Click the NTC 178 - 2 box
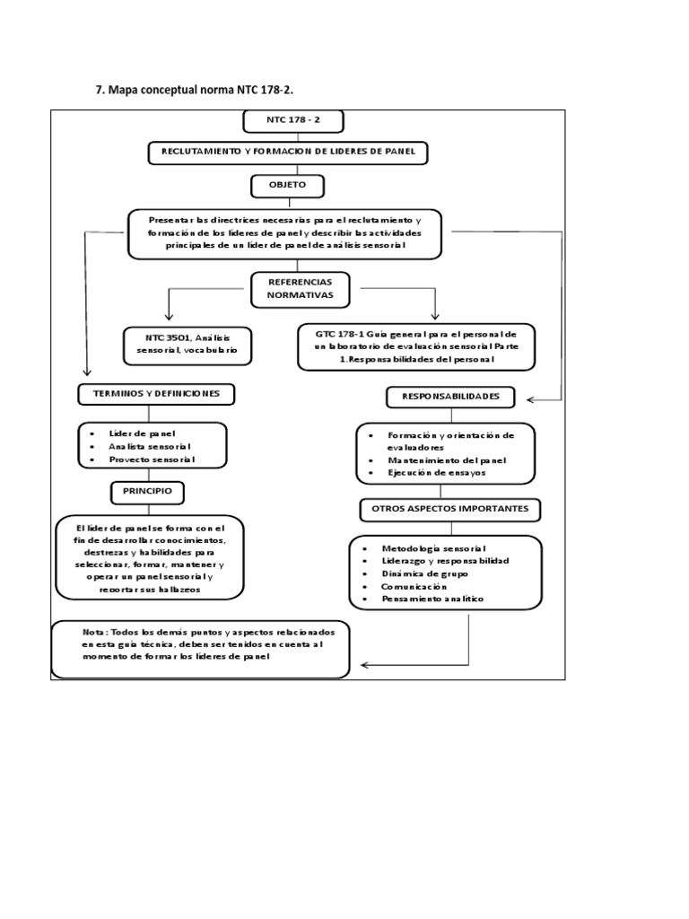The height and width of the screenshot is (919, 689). (x=292, y=121)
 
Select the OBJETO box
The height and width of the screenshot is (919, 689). (x=287, y=185)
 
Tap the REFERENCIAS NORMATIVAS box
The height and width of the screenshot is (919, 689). (x=292, y=288)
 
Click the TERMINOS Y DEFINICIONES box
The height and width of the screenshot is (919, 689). (x=156, y=394)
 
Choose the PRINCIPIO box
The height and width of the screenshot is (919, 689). (x=147, y=492)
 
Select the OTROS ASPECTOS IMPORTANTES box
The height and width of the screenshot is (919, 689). (x=450, y=509)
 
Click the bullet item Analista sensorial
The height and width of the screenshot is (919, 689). (x=149, y=446)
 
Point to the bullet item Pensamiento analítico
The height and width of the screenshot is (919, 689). (x=432, y=598)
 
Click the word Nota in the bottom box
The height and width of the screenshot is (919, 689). (x=94, y=632)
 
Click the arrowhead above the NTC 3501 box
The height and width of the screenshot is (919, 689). (x=167, y=317)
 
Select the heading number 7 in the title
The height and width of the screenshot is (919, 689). (x=99, y=90)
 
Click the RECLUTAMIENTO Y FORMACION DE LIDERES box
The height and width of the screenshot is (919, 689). (x=287, y=153)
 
